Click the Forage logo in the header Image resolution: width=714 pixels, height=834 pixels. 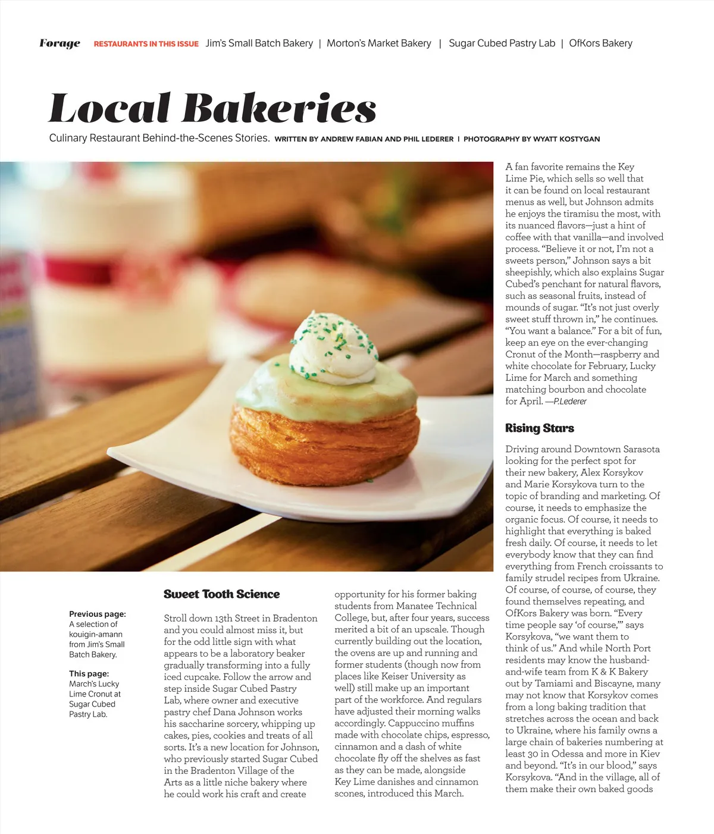tap(59, 43)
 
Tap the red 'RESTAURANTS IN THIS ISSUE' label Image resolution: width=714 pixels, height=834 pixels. tap(146, 44)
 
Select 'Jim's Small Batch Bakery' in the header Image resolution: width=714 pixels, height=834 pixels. tap(259, 43)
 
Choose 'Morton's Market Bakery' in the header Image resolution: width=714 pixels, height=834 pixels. tap(379, 43)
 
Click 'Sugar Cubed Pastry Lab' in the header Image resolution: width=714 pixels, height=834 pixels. tap(502, 43)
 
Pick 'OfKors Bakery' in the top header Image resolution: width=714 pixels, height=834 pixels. tap(600, 43)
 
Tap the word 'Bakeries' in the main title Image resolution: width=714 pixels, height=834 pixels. tap(279, 109)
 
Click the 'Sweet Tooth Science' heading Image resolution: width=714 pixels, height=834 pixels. tap(221, 594)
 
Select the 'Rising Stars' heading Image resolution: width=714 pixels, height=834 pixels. tap(539, 428)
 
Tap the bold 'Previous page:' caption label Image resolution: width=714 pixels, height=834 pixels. tap(98, 614)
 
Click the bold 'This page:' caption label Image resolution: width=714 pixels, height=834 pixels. tap(89, 673)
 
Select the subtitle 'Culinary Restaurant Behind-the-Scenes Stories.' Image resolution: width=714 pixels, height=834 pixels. tap(159, 138)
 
